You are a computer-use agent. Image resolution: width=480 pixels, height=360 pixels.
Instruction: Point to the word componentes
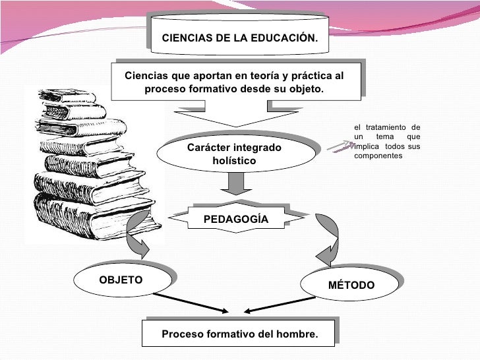(377, 157)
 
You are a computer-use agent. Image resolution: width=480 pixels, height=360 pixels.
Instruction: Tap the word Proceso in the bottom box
(182, 335)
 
